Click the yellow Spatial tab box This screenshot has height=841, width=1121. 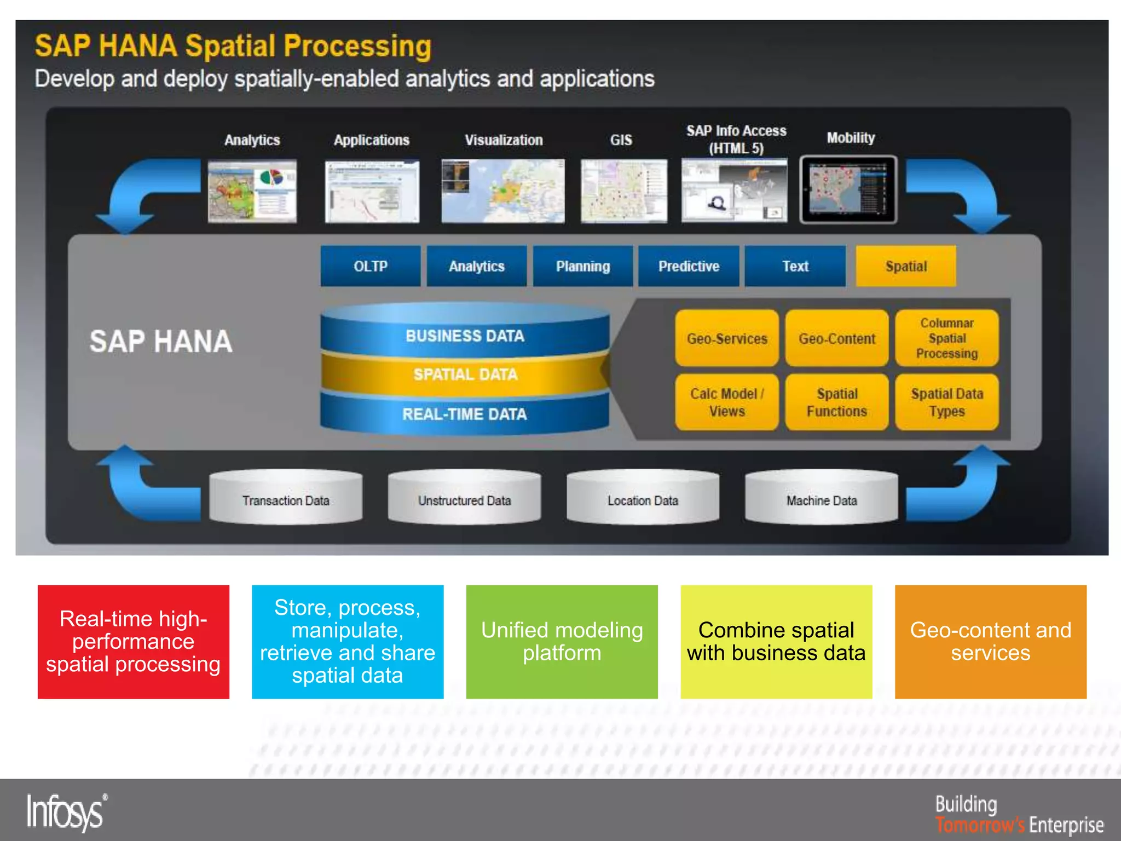coord(905,266)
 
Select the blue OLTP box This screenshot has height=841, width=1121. coord(370,266)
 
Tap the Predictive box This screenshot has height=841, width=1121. coord(689,266)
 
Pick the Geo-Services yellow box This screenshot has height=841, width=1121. coord(726,338)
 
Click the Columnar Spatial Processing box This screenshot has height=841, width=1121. coord(946,338)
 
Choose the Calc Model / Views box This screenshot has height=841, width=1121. coord(726,402)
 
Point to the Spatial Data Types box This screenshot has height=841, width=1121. coord(946,402)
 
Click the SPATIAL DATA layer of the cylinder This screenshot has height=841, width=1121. coord(465,375)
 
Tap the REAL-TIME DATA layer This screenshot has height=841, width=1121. coord(465,414)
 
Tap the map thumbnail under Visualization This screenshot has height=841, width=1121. coord(503,191)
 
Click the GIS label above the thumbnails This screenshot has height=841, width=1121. coord(621,140)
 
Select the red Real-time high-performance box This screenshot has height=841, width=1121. coord(133,642)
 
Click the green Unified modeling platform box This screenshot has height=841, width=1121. coord(562,642)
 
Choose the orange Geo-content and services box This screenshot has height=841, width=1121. coord(990,642)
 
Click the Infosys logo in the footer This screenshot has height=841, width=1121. coord(66,813)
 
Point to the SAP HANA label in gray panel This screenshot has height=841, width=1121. coord(161,342)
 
